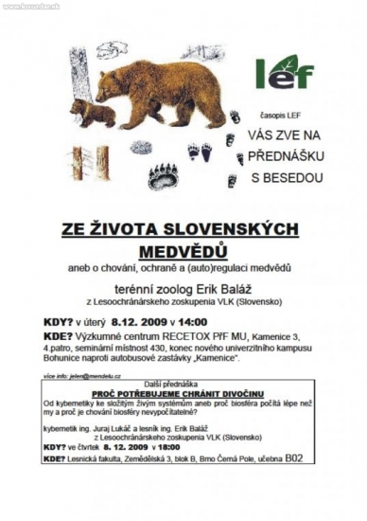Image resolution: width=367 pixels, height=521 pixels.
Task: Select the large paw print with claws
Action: [x=163, y=174]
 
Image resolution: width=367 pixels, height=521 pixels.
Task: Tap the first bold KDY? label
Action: [x=60, y=321]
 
